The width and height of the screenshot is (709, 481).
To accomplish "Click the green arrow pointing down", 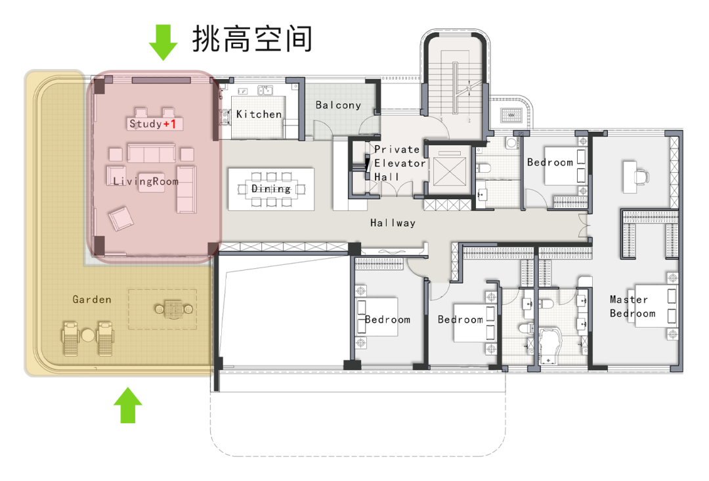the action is [163, 42].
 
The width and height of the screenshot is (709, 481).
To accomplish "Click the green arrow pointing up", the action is [128, 405].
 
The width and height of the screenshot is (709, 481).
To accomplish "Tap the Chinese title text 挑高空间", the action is [252, 39].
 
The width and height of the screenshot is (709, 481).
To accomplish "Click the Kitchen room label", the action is [259, 114].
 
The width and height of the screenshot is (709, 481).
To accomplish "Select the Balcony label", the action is [338, 105].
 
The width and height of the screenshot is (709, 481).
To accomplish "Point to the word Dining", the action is [271, 188].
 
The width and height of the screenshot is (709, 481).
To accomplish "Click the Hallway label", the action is [393, 223].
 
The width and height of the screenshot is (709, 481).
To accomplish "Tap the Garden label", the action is [92, 299].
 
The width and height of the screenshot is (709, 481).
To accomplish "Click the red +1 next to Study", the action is [169, 124].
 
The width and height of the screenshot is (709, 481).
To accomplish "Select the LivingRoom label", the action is [146, 181].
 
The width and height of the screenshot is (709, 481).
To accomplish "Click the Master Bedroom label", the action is [632, 306].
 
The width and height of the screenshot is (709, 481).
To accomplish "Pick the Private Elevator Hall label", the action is [400, 163].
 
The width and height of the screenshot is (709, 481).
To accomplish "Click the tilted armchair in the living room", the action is [121, 219].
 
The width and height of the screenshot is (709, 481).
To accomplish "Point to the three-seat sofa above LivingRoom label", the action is [152, 153].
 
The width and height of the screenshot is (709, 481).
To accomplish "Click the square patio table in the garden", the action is [173, 309].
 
